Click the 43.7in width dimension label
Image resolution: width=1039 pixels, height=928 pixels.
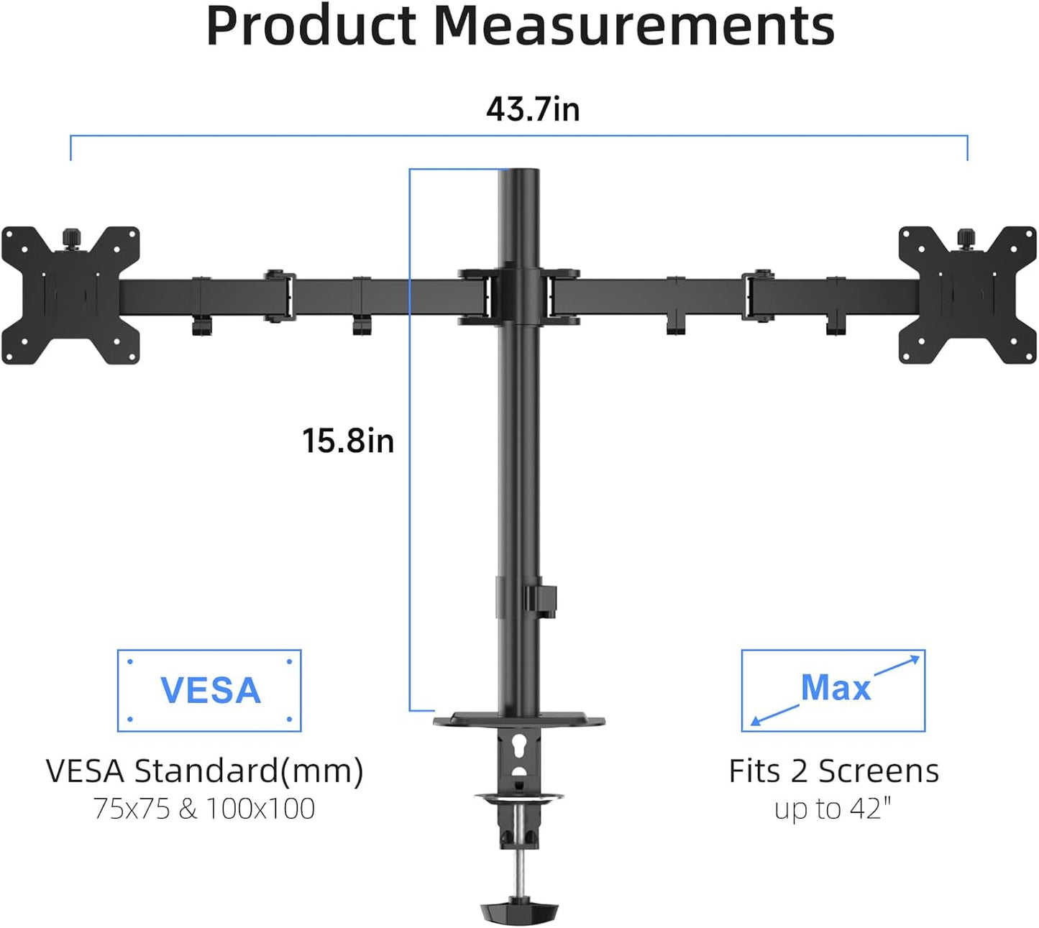click(532, 109)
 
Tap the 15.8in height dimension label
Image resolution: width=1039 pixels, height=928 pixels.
click(348, 441)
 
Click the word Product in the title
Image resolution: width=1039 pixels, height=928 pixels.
click(311, 27)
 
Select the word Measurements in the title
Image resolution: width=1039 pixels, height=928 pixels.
click(634, 27)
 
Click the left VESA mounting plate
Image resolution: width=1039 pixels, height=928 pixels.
click(70, 295)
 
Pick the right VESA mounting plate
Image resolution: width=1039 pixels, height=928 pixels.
click(968, 295)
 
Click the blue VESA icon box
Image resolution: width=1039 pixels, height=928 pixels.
click(209, 691)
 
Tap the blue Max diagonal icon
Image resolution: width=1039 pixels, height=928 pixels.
click(833, 691)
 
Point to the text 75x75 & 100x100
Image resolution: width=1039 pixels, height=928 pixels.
click(204, 809)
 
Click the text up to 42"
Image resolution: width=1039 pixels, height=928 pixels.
click(833, 809)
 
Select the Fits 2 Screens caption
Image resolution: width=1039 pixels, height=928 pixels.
click(833, 771)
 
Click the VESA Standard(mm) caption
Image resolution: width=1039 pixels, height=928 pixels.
click(204, 771)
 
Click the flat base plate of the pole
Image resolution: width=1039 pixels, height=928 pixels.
click(519, 719)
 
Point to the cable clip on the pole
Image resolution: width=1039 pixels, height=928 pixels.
click(541, 599)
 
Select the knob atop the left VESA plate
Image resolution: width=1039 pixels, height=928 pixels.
click(70, 236)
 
